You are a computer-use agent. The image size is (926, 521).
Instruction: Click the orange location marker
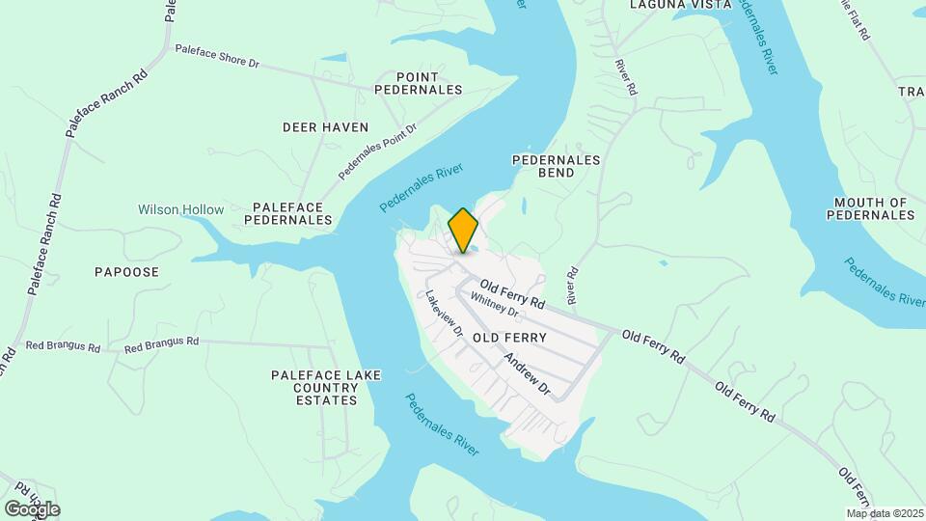[x=463, y=231]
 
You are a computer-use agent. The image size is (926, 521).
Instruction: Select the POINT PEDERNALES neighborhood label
[x=430, y=83]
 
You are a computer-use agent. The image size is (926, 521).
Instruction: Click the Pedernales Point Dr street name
[x=377, y=151]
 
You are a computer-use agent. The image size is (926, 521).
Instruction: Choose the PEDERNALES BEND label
[x=557, y=166]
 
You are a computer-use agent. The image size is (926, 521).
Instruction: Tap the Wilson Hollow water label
[x=180, y=209]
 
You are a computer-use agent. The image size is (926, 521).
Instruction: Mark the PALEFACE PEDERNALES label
[x=292, y=213]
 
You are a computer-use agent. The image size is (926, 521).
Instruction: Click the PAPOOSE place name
[x=126, y=272]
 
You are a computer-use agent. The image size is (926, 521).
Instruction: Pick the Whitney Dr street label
[x=495, y=305]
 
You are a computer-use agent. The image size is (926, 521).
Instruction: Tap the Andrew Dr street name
[x=526, y=375]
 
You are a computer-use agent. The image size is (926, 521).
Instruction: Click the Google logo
[x=32, y=508]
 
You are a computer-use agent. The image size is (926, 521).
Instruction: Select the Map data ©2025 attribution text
[x=884, y=513]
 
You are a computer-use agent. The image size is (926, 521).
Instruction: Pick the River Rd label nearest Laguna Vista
[x=627, y=76]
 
